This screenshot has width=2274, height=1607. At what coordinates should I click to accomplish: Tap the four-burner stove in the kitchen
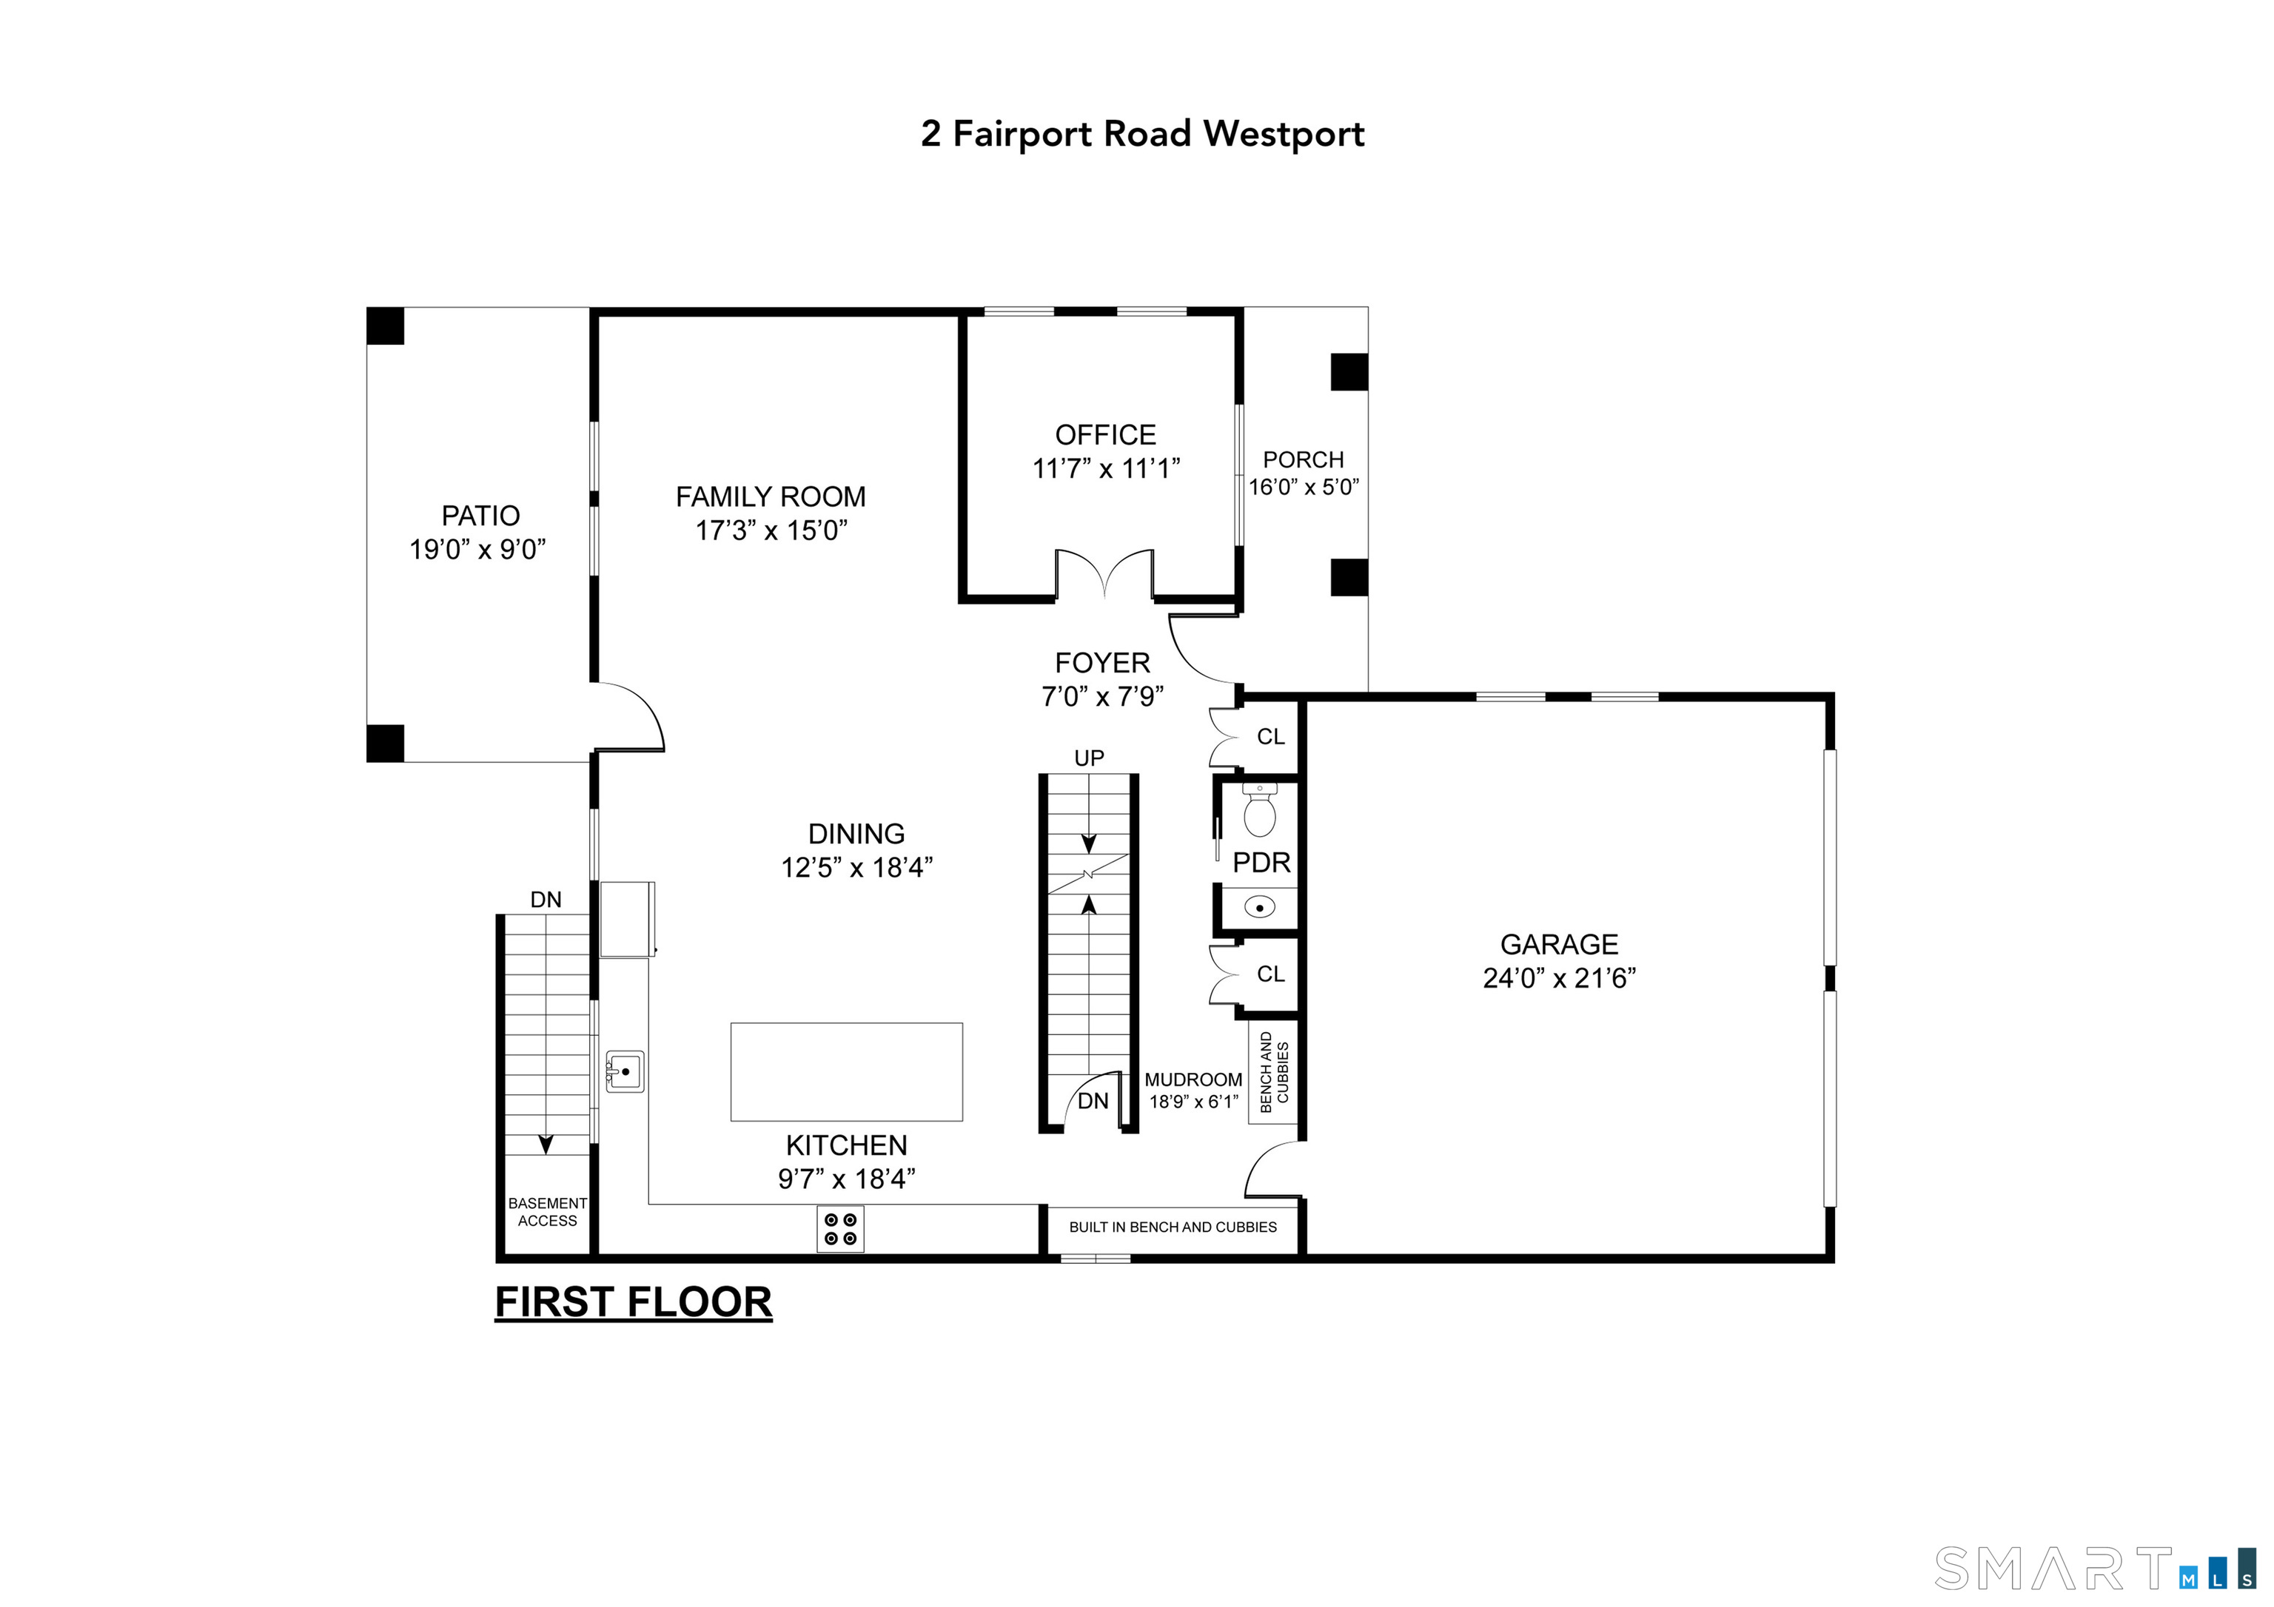pyautogui.click(x=840, y=1229)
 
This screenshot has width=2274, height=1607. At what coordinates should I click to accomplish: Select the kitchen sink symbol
pyautogui.click(x=625, y=1071)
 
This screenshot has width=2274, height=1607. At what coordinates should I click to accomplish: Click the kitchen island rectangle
pyautogui.click(x=846, y=1071)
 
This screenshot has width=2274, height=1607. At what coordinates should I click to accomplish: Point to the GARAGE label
pyautogui.click(x=1559, y=945)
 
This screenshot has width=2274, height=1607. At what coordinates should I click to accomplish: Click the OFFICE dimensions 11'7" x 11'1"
pyautogui.click(x=1105, y=468)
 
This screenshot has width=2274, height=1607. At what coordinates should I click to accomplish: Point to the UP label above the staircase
pyautogui.click(x=1088, y=758)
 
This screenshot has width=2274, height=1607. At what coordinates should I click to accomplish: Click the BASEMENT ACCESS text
pyautogui.click(x=547, y=1212)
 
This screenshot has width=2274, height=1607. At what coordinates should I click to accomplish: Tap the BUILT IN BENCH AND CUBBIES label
pyautogui.click(x=1173, y=1227)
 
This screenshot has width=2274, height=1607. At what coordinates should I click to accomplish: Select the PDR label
pyautogui.click(x=1261, y=863)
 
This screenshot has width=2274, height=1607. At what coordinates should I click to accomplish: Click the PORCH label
pyautogui.click(x=1302, y=459)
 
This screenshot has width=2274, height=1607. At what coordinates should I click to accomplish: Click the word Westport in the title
pyautogui.click(x=1284, y=134)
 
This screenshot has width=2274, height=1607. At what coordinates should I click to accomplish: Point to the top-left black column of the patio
pyautogui.click(x=385, y=326)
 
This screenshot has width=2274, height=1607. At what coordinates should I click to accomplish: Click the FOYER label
pyautogui.click(x=1101, y=662)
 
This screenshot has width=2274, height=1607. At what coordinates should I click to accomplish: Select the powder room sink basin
pyautogui.click(x=1259, y=907)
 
